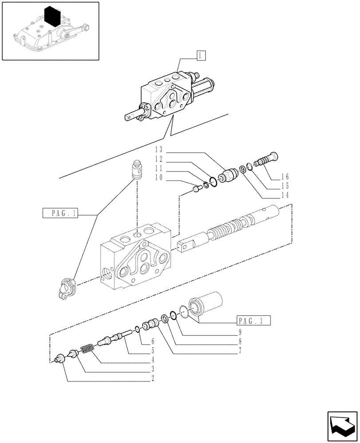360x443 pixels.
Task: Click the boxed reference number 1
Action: tap(201, 56)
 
